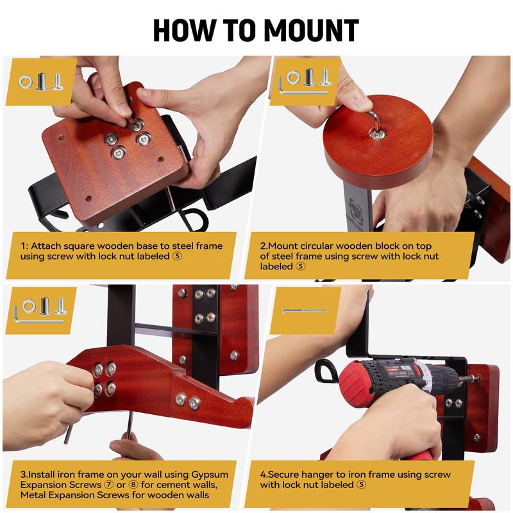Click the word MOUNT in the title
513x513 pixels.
pyautogui.click(x=311, y=30)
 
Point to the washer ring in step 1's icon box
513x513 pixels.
pyautogui.click(x=26, y=82)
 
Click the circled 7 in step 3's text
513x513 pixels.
pyautogui.click(x=108, y=484)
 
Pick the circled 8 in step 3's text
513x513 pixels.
pyautogui.click(x=133, y=484)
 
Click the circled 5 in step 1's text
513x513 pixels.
pyautogui.click(x=177, y=255)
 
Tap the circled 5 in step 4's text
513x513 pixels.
pyautogui.click(x=361, y=484)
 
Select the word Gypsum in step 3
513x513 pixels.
pyautogui.click(x=210, y=475)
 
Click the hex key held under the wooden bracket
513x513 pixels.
pyautogui.click(x=130, y=425)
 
